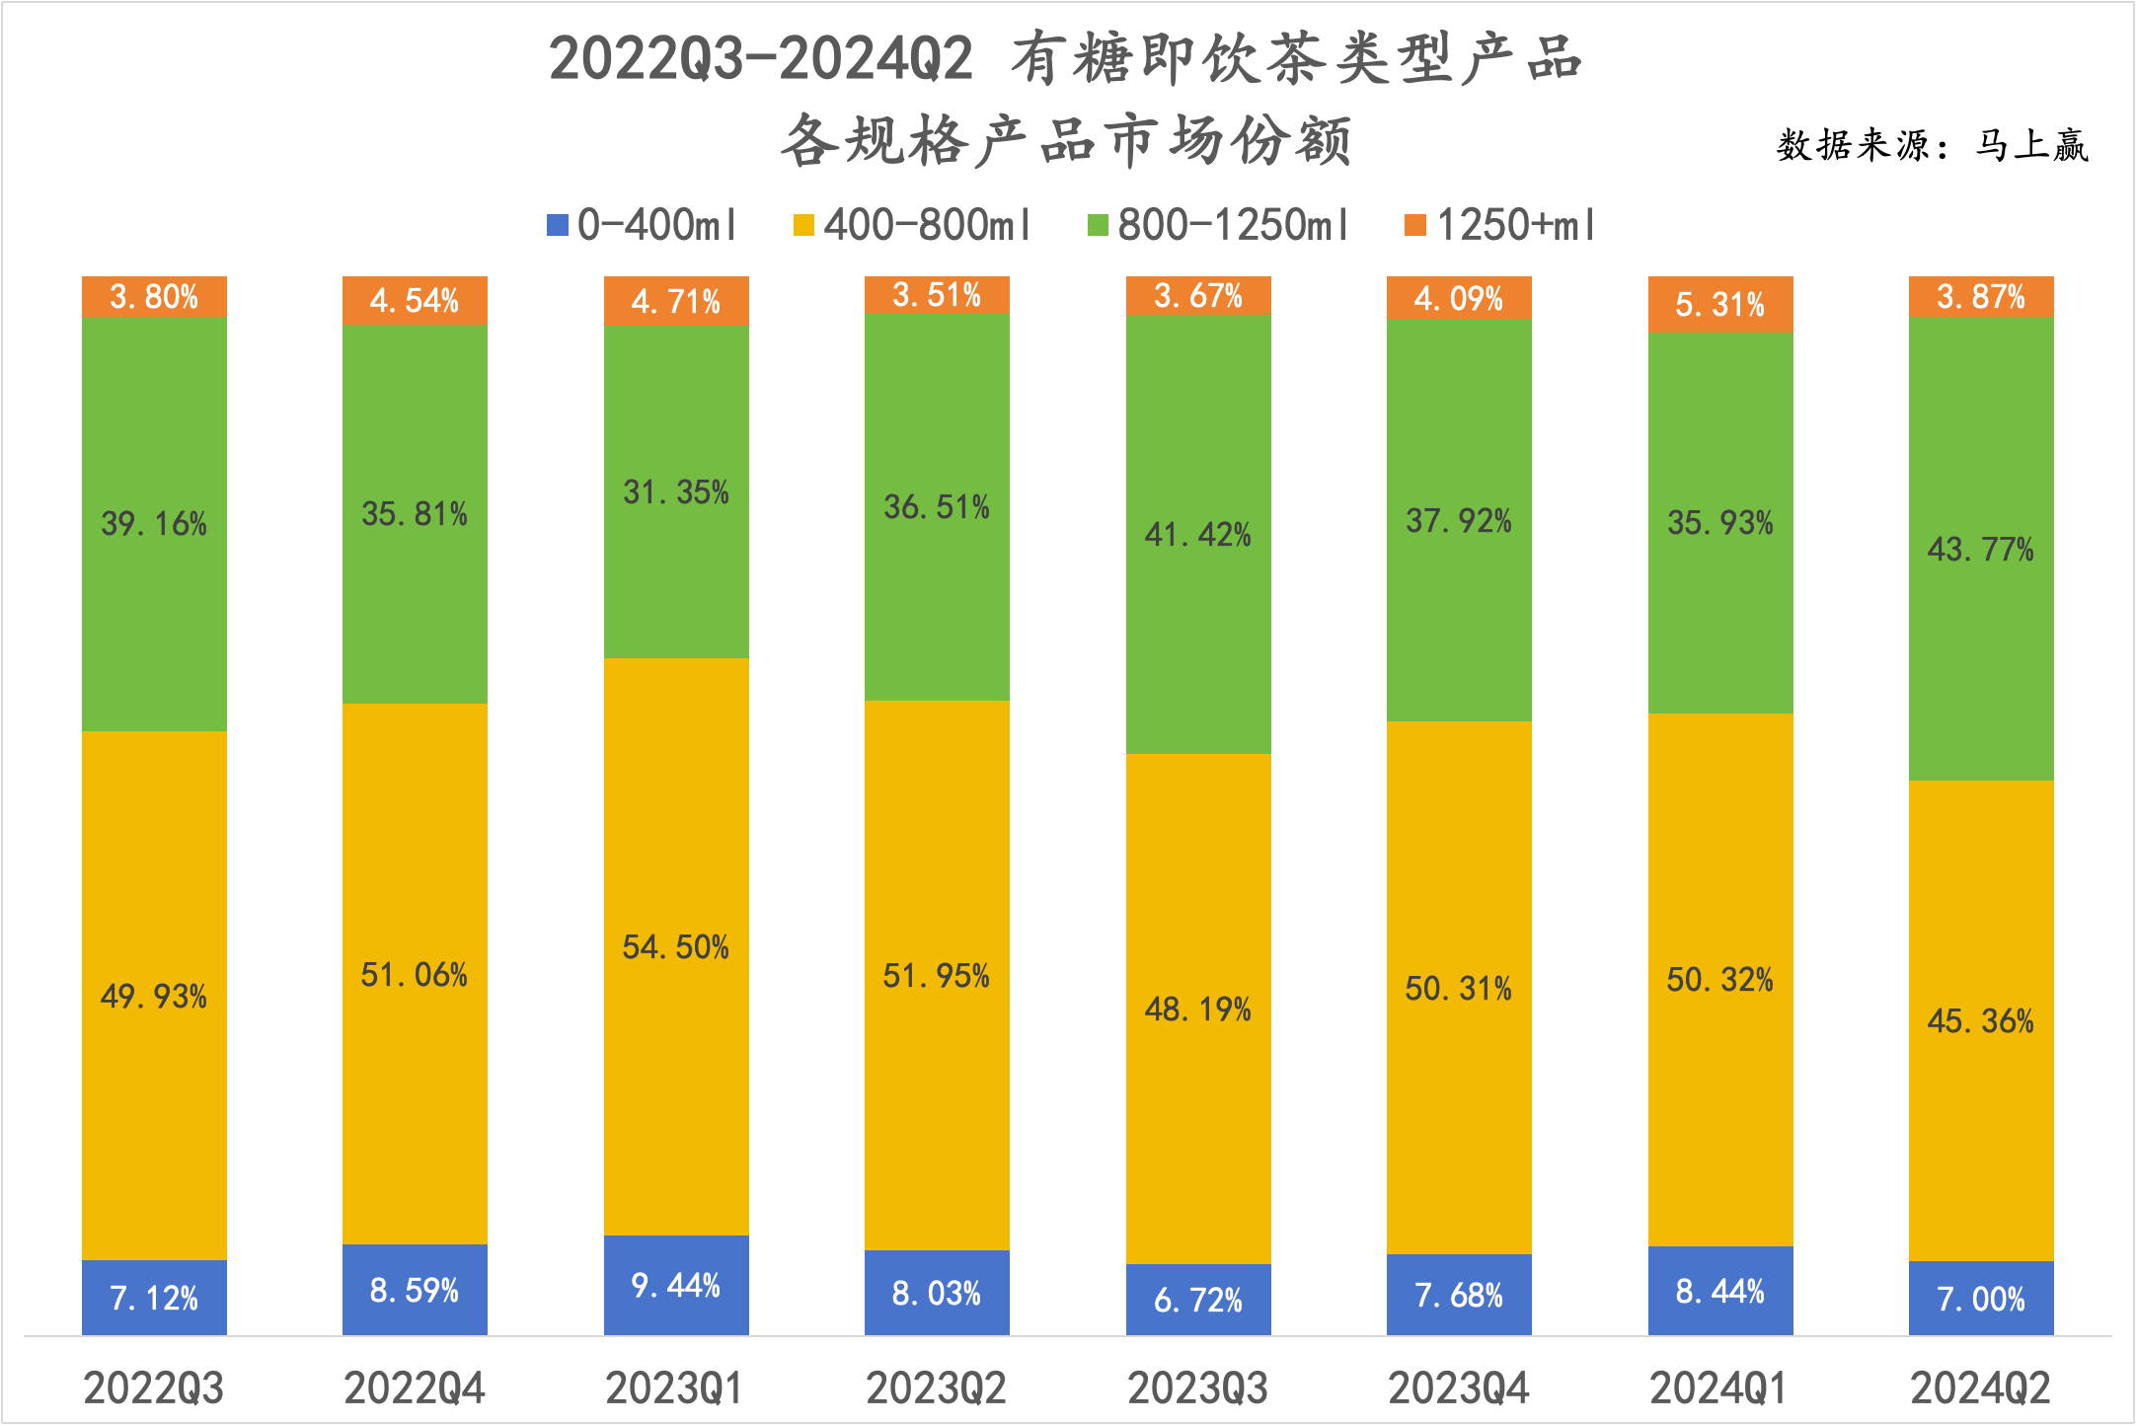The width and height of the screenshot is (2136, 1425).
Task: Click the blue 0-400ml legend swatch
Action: pos(557,226)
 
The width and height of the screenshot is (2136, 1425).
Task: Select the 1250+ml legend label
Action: pos(1515,226)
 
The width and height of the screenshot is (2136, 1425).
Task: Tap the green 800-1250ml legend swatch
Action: pos(1098,226)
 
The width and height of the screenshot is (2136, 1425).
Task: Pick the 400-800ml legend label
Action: pos(927,226)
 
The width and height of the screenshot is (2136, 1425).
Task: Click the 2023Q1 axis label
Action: pos(674,1388)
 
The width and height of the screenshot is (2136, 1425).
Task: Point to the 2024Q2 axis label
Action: pos(1980,1388)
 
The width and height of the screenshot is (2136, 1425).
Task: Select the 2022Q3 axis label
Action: pos(154,1388)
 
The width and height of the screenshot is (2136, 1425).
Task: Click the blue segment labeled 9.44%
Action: pos(676,1285)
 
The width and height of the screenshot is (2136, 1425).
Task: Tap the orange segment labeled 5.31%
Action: pos(1720,304)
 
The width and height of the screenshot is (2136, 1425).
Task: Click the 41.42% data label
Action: pos(1197,535)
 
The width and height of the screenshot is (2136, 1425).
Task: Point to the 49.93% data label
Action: pos(154,997)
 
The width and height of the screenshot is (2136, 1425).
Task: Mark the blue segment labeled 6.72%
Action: pos(1198,1300)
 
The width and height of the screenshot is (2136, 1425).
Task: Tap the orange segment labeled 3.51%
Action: pos(937,295)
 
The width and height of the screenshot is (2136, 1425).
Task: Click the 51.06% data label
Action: pos(415,975)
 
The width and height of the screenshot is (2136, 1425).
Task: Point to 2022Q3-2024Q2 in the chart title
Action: pos(761,59)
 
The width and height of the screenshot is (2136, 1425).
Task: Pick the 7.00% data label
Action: pos(1981,1299)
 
